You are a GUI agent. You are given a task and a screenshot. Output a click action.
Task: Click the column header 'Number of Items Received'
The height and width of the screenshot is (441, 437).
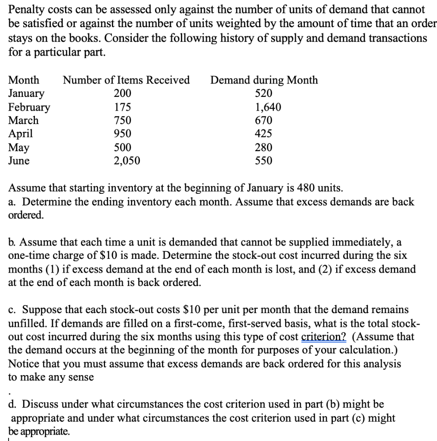click(x=126, y=80)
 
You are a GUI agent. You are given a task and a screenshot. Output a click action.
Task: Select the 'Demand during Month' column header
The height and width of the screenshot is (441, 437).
click(x=264, y=80)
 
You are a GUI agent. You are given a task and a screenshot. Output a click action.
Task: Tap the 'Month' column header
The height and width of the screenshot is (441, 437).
click(x=24, y=80)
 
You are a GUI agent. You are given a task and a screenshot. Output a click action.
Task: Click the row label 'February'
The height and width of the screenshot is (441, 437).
click(x=29, y=107)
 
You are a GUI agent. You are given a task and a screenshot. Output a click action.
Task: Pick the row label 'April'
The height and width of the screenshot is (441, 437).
click(x=21, y=134)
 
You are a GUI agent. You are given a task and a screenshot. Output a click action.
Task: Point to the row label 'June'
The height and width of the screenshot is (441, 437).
click(x=19, y=161)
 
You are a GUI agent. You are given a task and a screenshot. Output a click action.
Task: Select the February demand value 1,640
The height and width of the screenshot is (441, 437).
click(x=263, y=107)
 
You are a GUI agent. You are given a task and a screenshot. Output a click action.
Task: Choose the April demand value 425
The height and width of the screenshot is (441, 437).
click(x=263, y=134)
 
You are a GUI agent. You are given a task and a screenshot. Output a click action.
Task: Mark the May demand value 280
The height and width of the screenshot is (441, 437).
click(x=263, y=147)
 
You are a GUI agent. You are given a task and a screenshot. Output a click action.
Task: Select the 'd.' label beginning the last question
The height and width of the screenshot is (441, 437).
click(x=13, y=404)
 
